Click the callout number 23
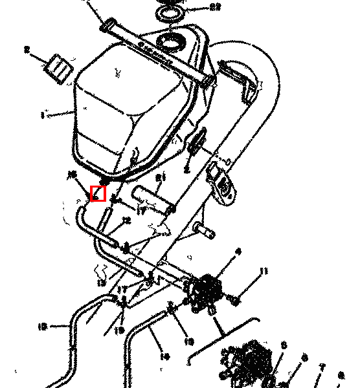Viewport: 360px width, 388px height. (197, 8)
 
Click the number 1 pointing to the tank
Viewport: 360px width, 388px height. (43, 116)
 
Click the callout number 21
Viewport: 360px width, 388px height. (161, 177)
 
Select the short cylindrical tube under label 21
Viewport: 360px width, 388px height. (154, 200)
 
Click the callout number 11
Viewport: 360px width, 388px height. (263, 271)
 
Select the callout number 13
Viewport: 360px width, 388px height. (100, 283)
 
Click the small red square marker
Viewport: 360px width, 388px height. (98, 193)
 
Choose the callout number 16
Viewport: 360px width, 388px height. (71, 174)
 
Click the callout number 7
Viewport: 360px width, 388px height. (322, 367)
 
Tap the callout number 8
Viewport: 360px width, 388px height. (304, 357)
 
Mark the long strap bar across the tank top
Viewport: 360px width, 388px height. (155, 53)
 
